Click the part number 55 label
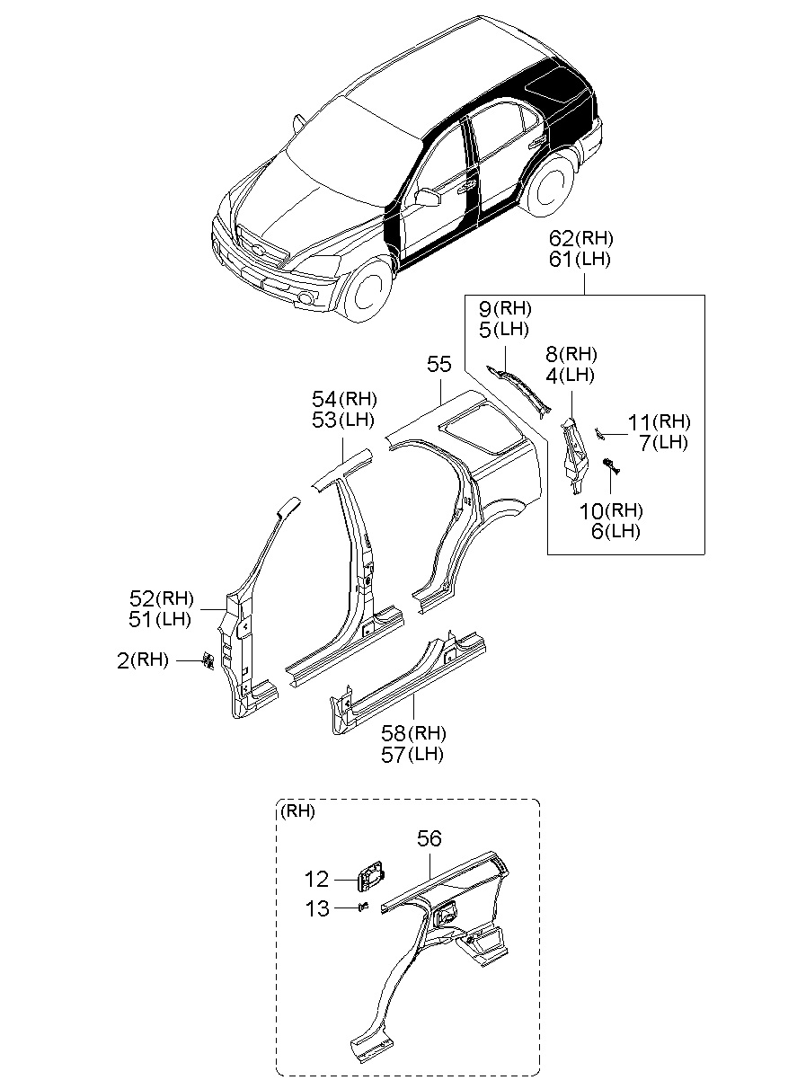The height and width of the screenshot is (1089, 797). [438, 365]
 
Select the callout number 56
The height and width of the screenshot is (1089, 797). [429, 838]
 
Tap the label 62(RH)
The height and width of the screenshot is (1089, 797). [581, 239]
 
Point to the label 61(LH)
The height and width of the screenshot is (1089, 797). [581, 261]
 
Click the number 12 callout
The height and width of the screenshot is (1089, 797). [317, 881]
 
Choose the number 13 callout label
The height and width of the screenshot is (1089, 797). [317, 908]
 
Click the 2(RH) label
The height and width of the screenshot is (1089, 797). [143, 660]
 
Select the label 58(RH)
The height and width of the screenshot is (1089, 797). [412, 733]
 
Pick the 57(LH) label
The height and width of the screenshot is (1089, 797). [412, 755]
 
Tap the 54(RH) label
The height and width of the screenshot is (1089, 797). [344, 399]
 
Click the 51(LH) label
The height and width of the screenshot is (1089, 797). [161, 619]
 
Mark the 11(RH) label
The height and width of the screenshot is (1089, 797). [659, 421]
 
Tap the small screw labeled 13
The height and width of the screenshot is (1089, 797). [365, 907]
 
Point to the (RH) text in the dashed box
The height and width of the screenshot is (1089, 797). [297, 811]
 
